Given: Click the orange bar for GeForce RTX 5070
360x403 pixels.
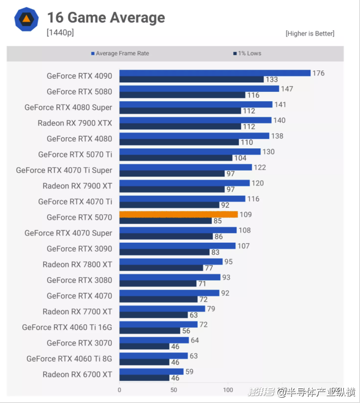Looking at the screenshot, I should (x=178, y=214).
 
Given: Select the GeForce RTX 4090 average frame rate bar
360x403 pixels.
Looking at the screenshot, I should (x=214, y=73).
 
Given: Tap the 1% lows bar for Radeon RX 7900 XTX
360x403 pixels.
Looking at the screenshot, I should (x=180, y=126).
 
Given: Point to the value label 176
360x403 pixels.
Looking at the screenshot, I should (x=318, y=73).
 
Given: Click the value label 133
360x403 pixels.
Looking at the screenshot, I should (x=271, y=80).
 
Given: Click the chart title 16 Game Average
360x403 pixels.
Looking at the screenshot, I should (x=106, y=18).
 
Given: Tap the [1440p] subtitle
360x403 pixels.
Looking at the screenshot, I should (x=60, y=32).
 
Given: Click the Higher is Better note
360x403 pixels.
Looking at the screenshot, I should (x=310, y=33).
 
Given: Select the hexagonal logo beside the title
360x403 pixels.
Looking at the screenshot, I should (x=26, y=19).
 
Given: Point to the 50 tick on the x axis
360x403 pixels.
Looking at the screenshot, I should (x=174, y=389).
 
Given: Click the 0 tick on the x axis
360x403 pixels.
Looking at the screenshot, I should (x=119, y=389).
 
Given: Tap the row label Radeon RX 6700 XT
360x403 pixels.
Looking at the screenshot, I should (x=77, y=374).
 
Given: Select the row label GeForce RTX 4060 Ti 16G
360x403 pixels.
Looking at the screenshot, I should (x=67, y=327).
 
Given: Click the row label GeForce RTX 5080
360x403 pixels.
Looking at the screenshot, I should (x=79, y=91).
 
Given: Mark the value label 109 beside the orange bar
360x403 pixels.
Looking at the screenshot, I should (x=245, y=215).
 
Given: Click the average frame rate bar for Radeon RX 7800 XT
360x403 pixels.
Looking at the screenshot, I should (x=171, y=262).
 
